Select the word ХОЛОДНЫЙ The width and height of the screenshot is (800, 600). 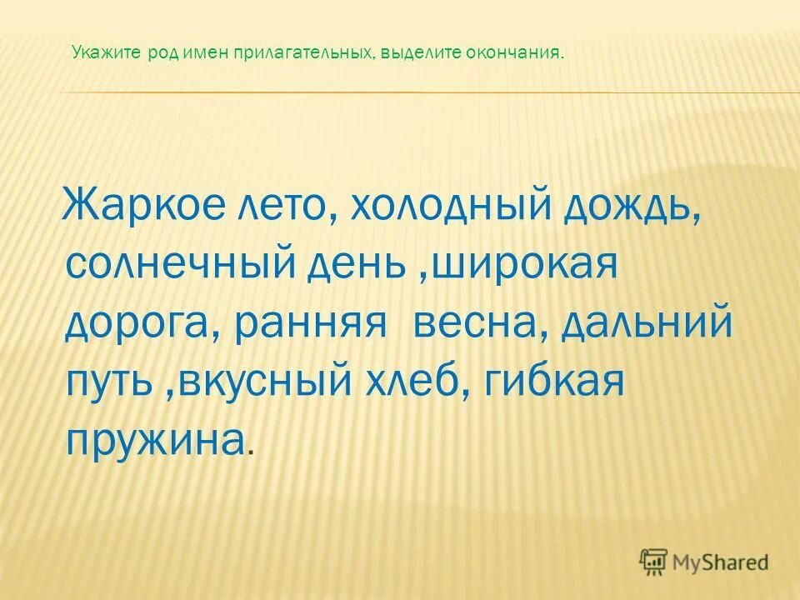click(441, 205)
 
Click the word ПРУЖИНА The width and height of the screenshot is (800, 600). click(154, 438)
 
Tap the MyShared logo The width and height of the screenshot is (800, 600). click(704, 562)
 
